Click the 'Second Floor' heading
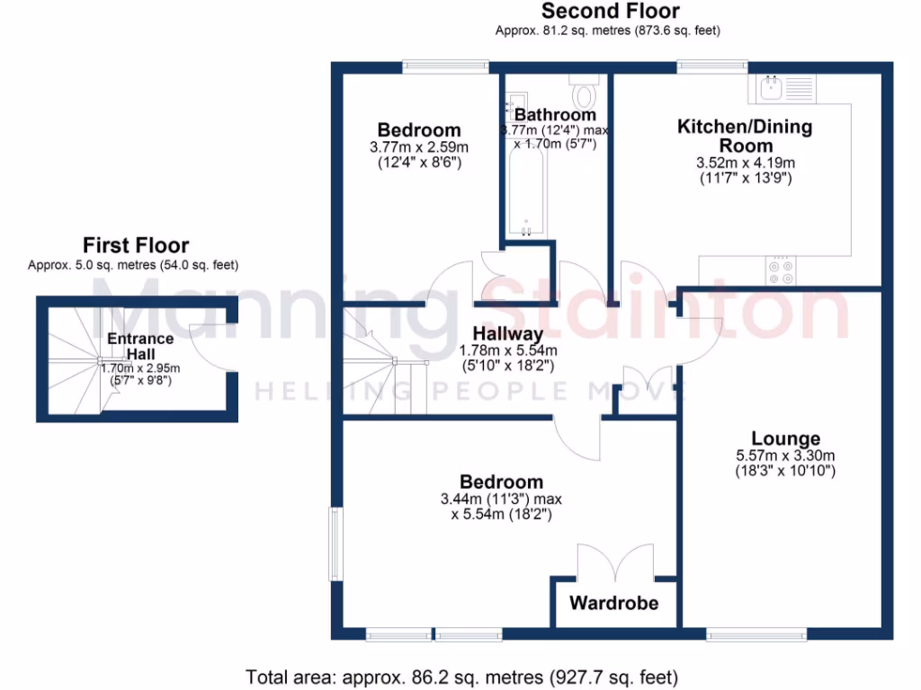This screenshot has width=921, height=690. pos(610,12)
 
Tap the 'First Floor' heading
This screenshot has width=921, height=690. pos(136,244)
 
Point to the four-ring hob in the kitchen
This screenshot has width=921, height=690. pos(781,270)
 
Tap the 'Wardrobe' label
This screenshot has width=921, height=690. pos(613,603)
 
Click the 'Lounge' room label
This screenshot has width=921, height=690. pos(786,438)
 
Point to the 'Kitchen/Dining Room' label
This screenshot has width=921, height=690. pos(745,136)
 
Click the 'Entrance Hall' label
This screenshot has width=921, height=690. pos(139,345)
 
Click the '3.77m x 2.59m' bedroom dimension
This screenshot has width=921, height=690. pos(419,146)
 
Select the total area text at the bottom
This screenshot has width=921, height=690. pos(461,676)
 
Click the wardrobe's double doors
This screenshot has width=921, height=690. pos(614,562)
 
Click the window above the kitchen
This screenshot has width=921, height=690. pos(712,66)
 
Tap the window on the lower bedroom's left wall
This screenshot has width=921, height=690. pos(335,544)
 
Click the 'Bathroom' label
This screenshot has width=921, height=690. pos(555,115)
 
